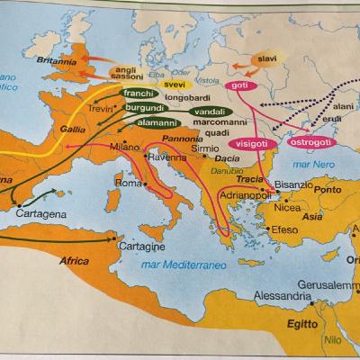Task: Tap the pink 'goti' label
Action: [x=238, y=85]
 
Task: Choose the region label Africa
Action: [x=76, y=261]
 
